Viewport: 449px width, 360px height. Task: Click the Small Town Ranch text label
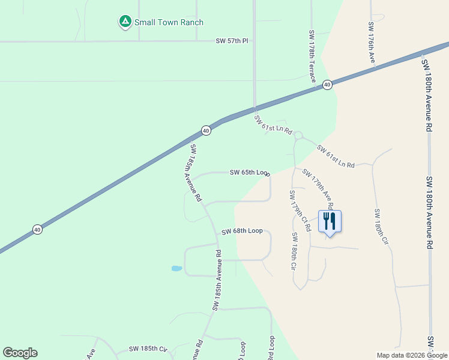tap(169, 23)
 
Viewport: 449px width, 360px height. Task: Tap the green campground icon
tap(125, 22)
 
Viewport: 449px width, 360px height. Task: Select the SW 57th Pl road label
tap(232, 41)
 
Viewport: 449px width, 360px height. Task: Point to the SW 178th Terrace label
tap(313, 56)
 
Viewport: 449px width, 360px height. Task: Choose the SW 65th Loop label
tap(250, 173)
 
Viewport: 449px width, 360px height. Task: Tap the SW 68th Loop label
tap(242, 231)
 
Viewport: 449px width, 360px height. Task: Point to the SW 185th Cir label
tap(147, 349)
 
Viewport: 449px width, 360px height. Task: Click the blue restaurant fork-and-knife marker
tap(330, 221)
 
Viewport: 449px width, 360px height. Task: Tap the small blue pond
tap(176, 268)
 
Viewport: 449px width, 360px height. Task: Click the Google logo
tap(20, 353)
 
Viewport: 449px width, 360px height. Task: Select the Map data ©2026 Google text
tap(412, 355)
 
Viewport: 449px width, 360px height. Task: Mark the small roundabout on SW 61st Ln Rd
tap(298, 136)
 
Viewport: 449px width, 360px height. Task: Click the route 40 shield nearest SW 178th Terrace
tap(327, 85)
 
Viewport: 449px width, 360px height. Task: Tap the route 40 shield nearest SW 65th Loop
tap(206, 130)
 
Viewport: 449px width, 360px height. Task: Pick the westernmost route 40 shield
tap(37, 230)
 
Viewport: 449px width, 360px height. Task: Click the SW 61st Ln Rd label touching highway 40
tap(273, 124)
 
